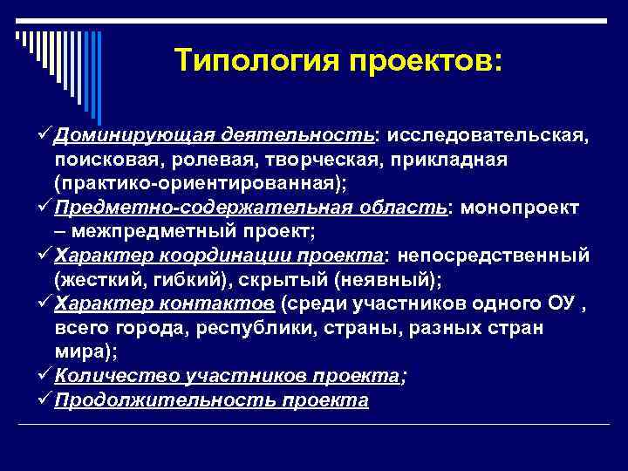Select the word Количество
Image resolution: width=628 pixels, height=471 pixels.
116,374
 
